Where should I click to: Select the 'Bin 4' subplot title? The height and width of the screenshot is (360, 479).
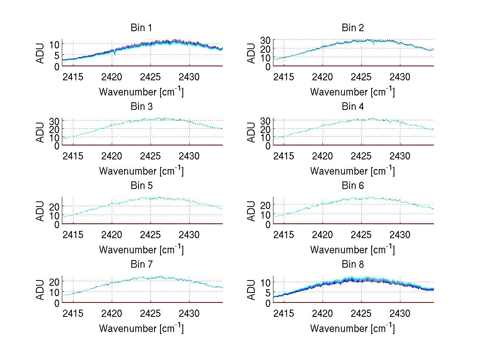point(352,107)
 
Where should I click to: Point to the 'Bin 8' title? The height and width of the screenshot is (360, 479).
point(352,265)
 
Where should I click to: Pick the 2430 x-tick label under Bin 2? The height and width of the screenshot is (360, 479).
point(400,77)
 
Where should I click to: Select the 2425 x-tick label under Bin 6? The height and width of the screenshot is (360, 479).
point(362,235)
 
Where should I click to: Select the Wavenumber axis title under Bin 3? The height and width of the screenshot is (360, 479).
point(141,171)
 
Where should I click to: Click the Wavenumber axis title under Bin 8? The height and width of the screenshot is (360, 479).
point(352,328)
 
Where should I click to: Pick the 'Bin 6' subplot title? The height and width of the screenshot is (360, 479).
point(352,186)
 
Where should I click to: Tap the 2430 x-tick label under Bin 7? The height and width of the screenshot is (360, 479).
point(189,313)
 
